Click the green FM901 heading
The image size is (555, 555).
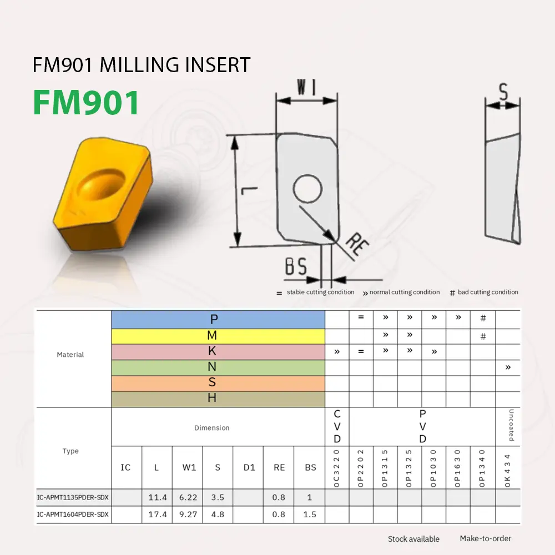click(x=86, y=102)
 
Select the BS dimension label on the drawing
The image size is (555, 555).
click(x=296, y=267)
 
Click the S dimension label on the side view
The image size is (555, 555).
click(x=503, y=92)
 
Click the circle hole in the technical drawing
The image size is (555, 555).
click(x=308, y=189)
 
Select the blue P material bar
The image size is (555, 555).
click(x=218, y=319)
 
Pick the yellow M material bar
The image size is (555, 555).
click(x=218, y=336)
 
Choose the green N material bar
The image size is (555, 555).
click(x=218, y=367)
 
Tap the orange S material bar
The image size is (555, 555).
click(x=218, y=383)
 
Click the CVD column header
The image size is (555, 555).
click(x=337, y=427)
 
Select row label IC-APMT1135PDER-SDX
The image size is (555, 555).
click(x=73, y=498)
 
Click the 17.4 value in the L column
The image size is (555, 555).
click(x=158, y=514)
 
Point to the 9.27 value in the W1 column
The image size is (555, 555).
click(x=189, y=514)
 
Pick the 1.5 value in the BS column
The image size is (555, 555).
click(x=310, y=514)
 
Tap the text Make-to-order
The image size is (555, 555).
click(x=485, y=538)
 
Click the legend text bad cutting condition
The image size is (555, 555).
click(x=488, y=292)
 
